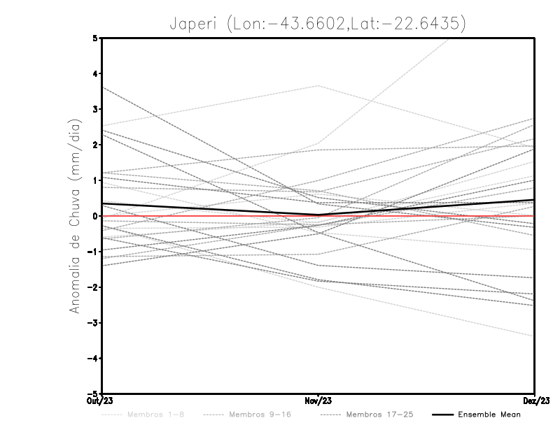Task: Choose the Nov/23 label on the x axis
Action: [x=318, y=401]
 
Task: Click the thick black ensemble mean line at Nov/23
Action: [x=318, y=215]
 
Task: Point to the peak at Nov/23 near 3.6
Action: [x=318, y=86]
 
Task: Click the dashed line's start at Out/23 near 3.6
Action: [x=103, y=87]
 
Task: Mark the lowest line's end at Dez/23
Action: [x=534, y=336]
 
